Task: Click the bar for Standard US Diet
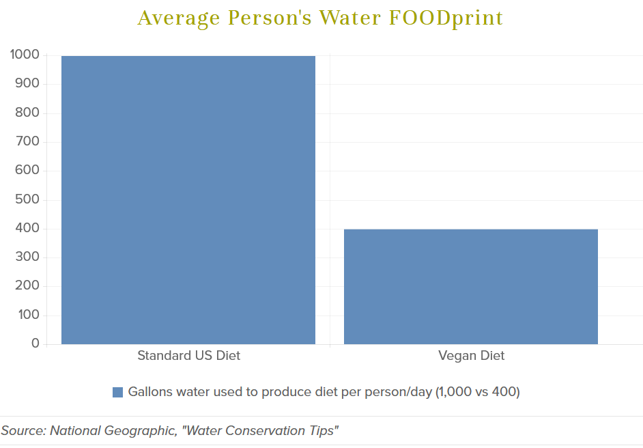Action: pos(188,199)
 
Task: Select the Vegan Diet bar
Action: pos(471,286)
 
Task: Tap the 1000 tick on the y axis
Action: pos(25,55)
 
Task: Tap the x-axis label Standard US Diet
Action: pos(188,356)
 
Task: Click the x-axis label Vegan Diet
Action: pos(471,356)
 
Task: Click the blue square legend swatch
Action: pos(117,392)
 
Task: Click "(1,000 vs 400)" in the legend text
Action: pos(478,392)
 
